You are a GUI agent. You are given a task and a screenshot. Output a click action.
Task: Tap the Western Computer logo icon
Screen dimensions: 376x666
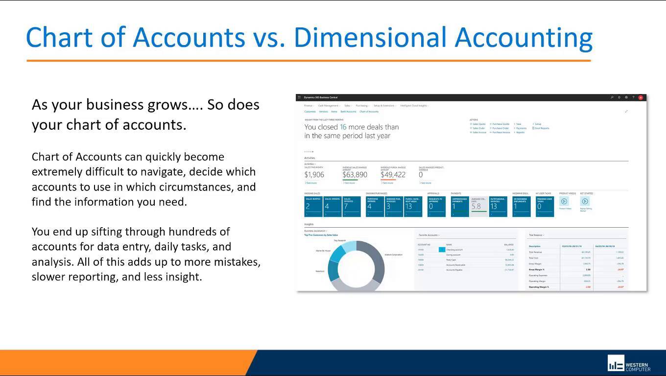(x=616, y=363)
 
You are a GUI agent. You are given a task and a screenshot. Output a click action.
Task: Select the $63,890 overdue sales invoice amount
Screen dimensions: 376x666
(x=355, y=175)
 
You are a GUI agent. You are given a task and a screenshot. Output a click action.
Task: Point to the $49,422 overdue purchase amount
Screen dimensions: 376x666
(x=393, y=175)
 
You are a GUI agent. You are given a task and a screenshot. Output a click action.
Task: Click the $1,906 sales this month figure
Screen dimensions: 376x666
(x=314, y=175)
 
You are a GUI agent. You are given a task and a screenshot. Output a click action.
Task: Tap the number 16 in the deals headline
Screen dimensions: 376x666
(x=343, y=127)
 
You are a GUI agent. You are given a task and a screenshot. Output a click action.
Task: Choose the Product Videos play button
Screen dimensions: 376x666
(x=564, y=201)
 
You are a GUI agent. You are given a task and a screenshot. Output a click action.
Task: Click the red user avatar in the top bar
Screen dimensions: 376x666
(x=641, y=97)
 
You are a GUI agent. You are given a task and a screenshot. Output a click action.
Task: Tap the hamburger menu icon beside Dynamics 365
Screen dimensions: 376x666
(x=299, y=97)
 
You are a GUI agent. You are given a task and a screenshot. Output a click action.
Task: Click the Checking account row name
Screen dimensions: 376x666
(x=454, y=250)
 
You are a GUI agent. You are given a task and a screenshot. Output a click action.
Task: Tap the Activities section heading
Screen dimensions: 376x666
(x=309, y=158)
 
